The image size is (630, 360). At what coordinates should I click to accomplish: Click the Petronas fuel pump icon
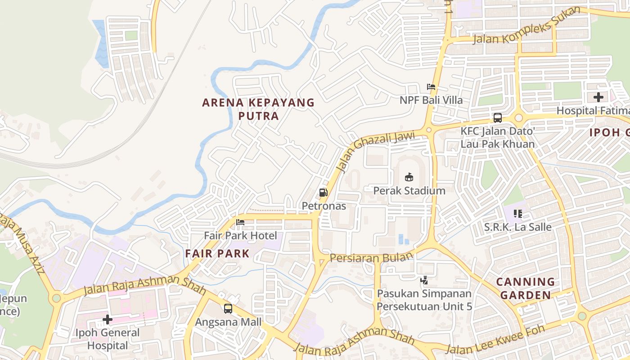tap(323, 193)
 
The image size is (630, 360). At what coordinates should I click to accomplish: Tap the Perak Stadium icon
tap(409, 177)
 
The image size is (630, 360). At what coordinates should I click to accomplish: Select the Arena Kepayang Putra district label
tap(258, 109)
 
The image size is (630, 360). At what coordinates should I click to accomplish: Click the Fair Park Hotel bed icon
tap(240, 222)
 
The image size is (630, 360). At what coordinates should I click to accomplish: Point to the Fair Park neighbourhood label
tap(217, 253)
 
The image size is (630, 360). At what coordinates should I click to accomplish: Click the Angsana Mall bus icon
tap(228, 309)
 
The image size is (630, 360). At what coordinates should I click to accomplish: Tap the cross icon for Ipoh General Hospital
tap(108, 319)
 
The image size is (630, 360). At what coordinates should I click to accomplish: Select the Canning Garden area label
tap(526, 288)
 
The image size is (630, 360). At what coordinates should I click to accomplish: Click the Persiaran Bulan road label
tap(371, 257)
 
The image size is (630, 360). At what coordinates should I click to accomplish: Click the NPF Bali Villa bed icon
tap(431, 87)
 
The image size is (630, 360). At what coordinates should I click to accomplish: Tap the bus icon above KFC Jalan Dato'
tap(497, 118)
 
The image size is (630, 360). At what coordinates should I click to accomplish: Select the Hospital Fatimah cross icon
tap(598, 97)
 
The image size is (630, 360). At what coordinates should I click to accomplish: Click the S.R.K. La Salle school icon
tap(517, 213)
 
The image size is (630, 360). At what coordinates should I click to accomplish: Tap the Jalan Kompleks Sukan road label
tap(526, 27)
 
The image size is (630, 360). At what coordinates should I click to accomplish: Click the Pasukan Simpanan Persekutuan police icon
tap(424, 280)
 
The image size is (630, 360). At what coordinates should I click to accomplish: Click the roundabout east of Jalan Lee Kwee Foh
tap(582, 316)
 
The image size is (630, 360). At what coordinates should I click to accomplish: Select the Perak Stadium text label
tap(409, 191)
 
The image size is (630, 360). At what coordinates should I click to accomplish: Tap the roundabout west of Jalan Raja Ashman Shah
tap(56, 298)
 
